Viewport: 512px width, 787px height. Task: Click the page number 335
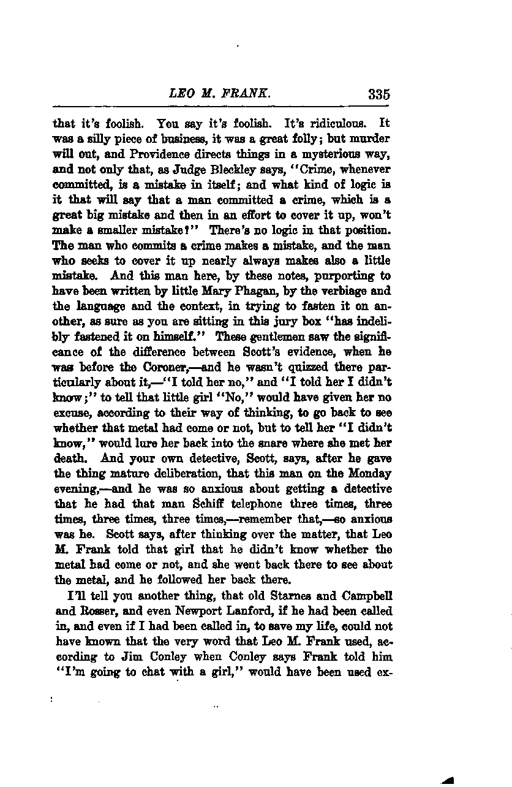tap(379, 94)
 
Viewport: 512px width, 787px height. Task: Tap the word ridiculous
tap(338, 123)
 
